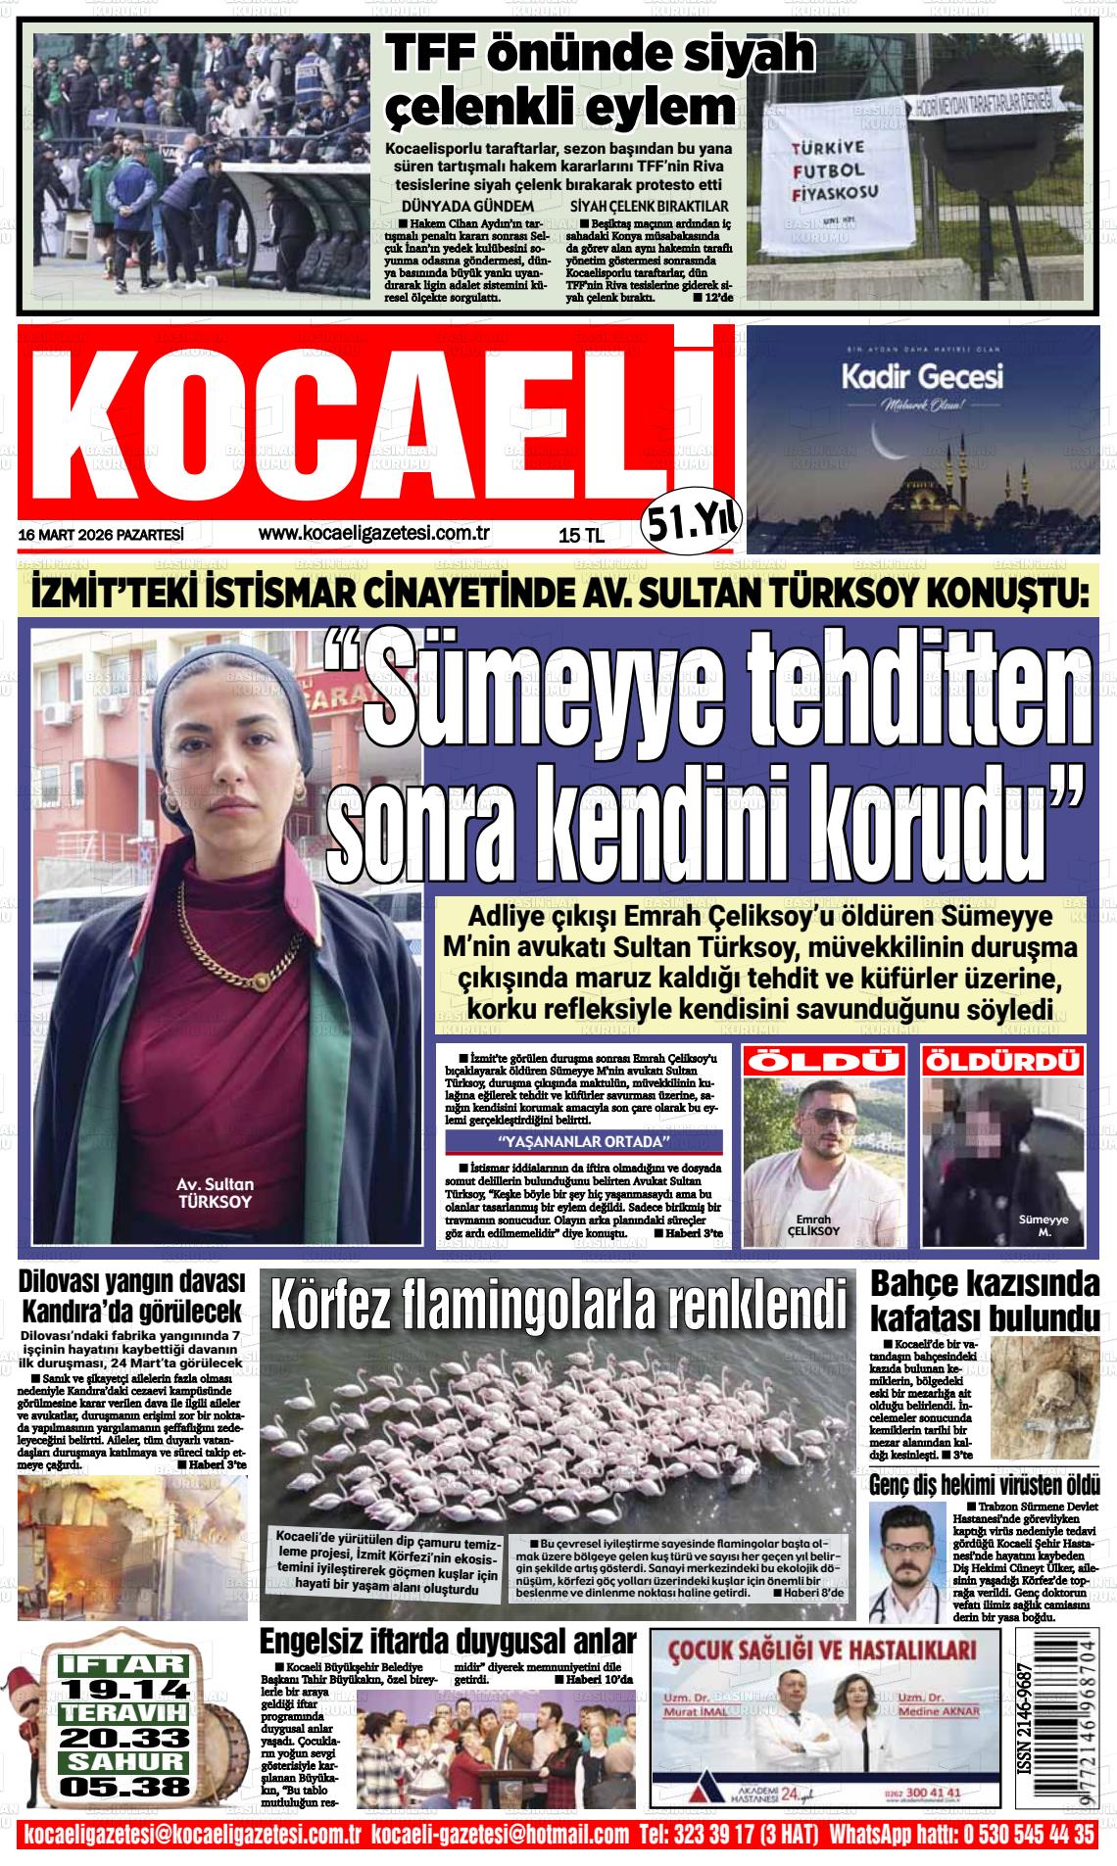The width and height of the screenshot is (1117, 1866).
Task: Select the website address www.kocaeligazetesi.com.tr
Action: click(x=373, y=534)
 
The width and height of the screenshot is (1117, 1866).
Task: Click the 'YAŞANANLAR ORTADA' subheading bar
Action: click(x=583, y=1141)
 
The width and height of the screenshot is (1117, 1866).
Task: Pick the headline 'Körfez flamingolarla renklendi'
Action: click(x=558, y=1304)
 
